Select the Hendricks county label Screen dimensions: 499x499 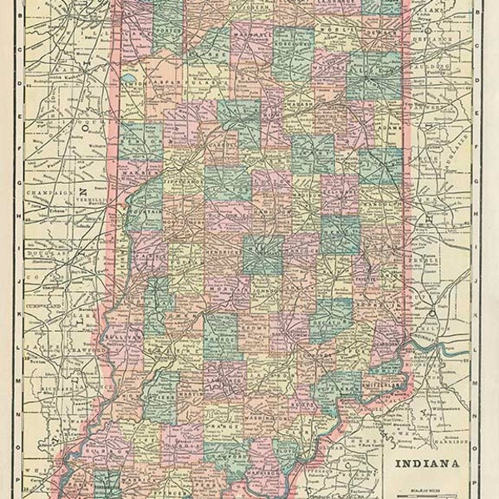tap(218, 249)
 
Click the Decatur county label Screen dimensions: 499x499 tap(330, 316)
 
